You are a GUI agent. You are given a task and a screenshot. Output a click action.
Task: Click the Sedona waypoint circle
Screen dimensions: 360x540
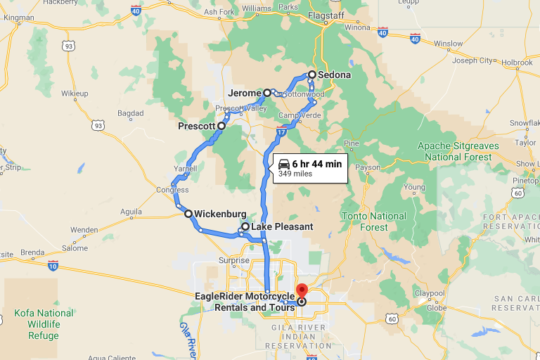pyautogui.click(x=312, y=74)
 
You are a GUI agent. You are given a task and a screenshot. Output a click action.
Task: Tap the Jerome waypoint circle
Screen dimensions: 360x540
pyautogui.click(x=267, y=92)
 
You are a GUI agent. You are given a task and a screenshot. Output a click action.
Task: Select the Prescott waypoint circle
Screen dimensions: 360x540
pyautogui.click(x=221, y=126)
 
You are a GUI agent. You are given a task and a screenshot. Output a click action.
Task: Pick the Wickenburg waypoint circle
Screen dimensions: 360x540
pyautogui.click(x=188, y=213)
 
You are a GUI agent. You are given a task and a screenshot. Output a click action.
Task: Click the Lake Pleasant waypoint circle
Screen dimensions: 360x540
pyautogui.click(x=245, y=226)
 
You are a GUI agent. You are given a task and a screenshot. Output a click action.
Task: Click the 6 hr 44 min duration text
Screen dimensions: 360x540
pyautogui.click(x=316, y=164)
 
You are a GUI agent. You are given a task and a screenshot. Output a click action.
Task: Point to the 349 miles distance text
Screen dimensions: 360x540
pyautogui.click(x=295, y=174)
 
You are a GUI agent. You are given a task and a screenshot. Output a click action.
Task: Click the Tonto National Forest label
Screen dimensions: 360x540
pyautogui.click(x=373, y=221)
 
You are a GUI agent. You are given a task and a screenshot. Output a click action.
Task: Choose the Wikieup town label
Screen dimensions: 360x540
pyautogui.click(x=74, y=94)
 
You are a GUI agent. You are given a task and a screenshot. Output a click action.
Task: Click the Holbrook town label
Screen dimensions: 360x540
pyautogui.click(x=517, y=62)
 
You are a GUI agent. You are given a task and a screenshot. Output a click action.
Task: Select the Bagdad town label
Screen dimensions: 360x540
pyautogui.click(x=130, y=112)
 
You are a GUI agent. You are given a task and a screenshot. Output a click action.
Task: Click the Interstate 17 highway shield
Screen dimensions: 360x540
pyautogui.click(x=281, y=131)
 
